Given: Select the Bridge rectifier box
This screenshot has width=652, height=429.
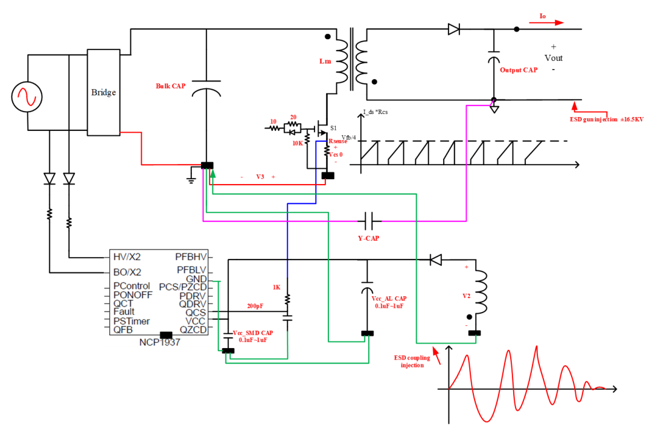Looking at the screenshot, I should point(103,92).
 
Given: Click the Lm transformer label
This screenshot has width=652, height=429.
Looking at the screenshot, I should point(325,62).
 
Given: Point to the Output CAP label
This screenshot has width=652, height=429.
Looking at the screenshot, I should point(519,70).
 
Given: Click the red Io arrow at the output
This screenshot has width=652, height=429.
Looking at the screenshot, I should point(547,23).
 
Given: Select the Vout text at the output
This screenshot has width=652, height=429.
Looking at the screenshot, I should point(553,58).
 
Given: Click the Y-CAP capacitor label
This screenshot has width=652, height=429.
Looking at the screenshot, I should point(369,238).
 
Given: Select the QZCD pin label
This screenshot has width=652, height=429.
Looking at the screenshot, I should point(193,330).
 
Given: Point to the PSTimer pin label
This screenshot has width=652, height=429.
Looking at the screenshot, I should point(132,321).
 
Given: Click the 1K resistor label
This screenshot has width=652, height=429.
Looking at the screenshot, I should point(276,287).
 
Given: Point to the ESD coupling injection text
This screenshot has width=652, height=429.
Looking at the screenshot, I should point(412,361).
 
